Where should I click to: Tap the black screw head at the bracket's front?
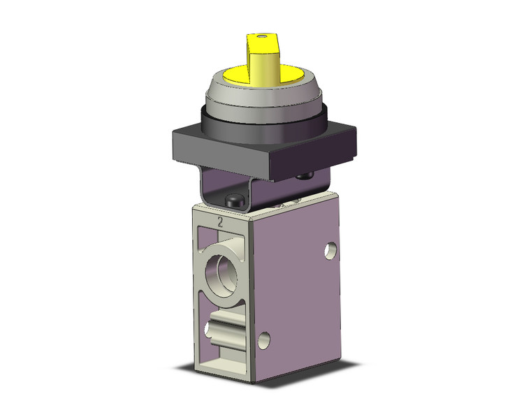point(233,202)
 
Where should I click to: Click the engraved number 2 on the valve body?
point(220,224)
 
